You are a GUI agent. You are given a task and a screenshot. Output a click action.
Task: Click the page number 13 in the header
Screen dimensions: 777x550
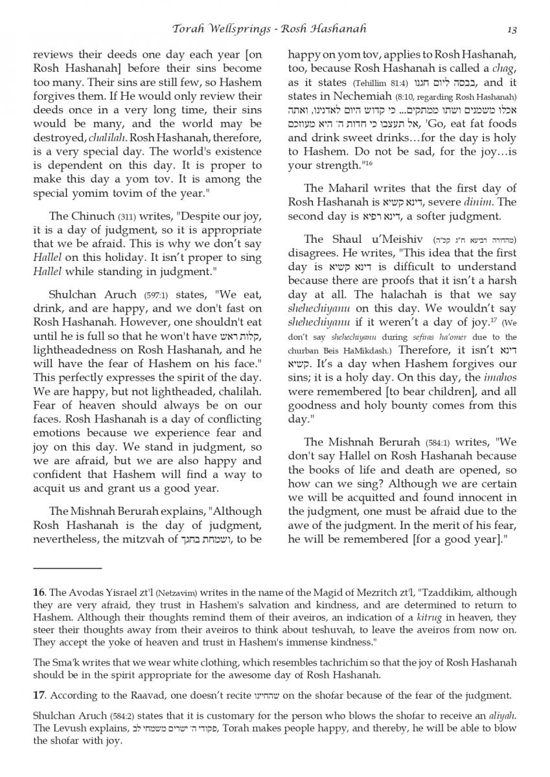pos(512,29)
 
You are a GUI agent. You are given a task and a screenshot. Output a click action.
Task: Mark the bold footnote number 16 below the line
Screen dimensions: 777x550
pos(39,592)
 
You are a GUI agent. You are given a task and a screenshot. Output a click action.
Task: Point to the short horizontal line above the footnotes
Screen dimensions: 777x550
pos(67,568)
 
